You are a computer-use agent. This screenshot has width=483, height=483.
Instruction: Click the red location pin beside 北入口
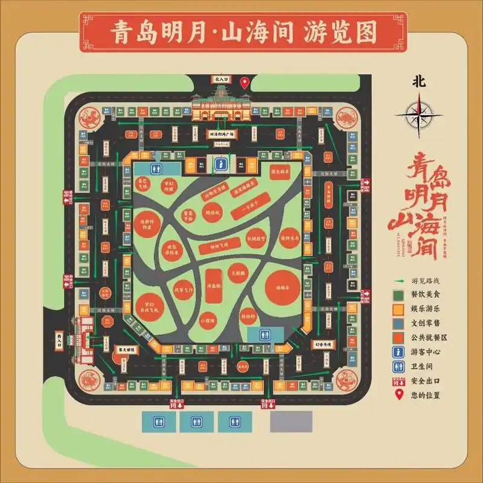[x=244, y=83]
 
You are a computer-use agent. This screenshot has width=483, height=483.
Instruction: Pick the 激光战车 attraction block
[x=281, y=173]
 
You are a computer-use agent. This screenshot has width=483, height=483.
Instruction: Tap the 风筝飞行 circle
[x=184, y=290]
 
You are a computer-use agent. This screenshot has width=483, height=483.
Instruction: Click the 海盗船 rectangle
[x=213, y=284]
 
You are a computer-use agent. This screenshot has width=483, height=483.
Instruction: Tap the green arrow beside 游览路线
[x=399, y=281]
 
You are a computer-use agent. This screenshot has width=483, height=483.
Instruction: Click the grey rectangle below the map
[x=291, y=421]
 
